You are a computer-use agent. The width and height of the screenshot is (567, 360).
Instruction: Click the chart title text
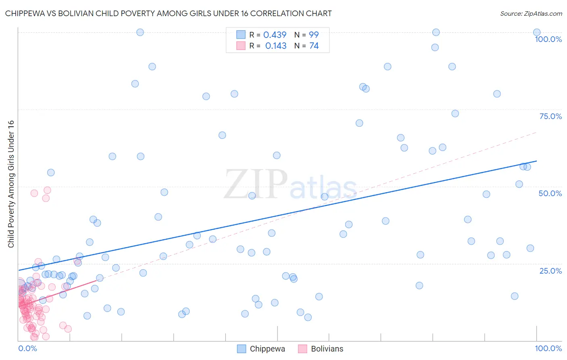pos(168,13)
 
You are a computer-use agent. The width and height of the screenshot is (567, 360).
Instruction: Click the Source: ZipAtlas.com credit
pos(531,13)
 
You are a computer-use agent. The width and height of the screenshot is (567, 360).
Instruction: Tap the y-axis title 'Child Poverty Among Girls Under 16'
pos(11,184)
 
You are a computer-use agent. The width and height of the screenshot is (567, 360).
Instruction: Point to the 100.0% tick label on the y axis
pos(548,39)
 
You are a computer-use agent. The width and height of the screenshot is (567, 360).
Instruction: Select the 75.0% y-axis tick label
pos(550,116)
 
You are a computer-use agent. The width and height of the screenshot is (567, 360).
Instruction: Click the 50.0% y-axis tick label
pos(550,193)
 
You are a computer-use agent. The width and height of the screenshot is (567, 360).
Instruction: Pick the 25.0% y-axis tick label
pos(550,270)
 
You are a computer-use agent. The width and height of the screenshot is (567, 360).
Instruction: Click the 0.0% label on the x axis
pos(27,348)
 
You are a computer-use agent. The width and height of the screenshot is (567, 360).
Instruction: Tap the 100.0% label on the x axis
pos(548,348)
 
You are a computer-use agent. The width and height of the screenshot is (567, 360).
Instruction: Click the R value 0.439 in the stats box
pos(275,35)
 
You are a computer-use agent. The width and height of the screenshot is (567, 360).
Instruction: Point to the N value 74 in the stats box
pos(314,46)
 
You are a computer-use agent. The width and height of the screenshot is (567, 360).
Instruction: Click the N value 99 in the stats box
pos(314,35)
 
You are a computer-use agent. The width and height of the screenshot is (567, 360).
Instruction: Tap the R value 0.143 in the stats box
pos(276,46)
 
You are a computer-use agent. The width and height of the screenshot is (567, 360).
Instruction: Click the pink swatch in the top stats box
pos(241,46)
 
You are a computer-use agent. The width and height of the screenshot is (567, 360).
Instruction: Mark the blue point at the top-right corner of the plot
pos(537,32)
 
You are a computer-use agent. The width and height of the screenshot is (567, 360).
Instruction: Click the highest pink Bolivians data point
pos(47,190)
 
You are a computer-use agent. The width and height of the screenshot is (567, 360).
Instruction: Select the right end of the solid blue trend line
pos(536,161)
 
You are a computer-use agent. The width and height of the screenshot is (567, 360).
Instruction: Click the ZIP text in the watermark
pos(255,184)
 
